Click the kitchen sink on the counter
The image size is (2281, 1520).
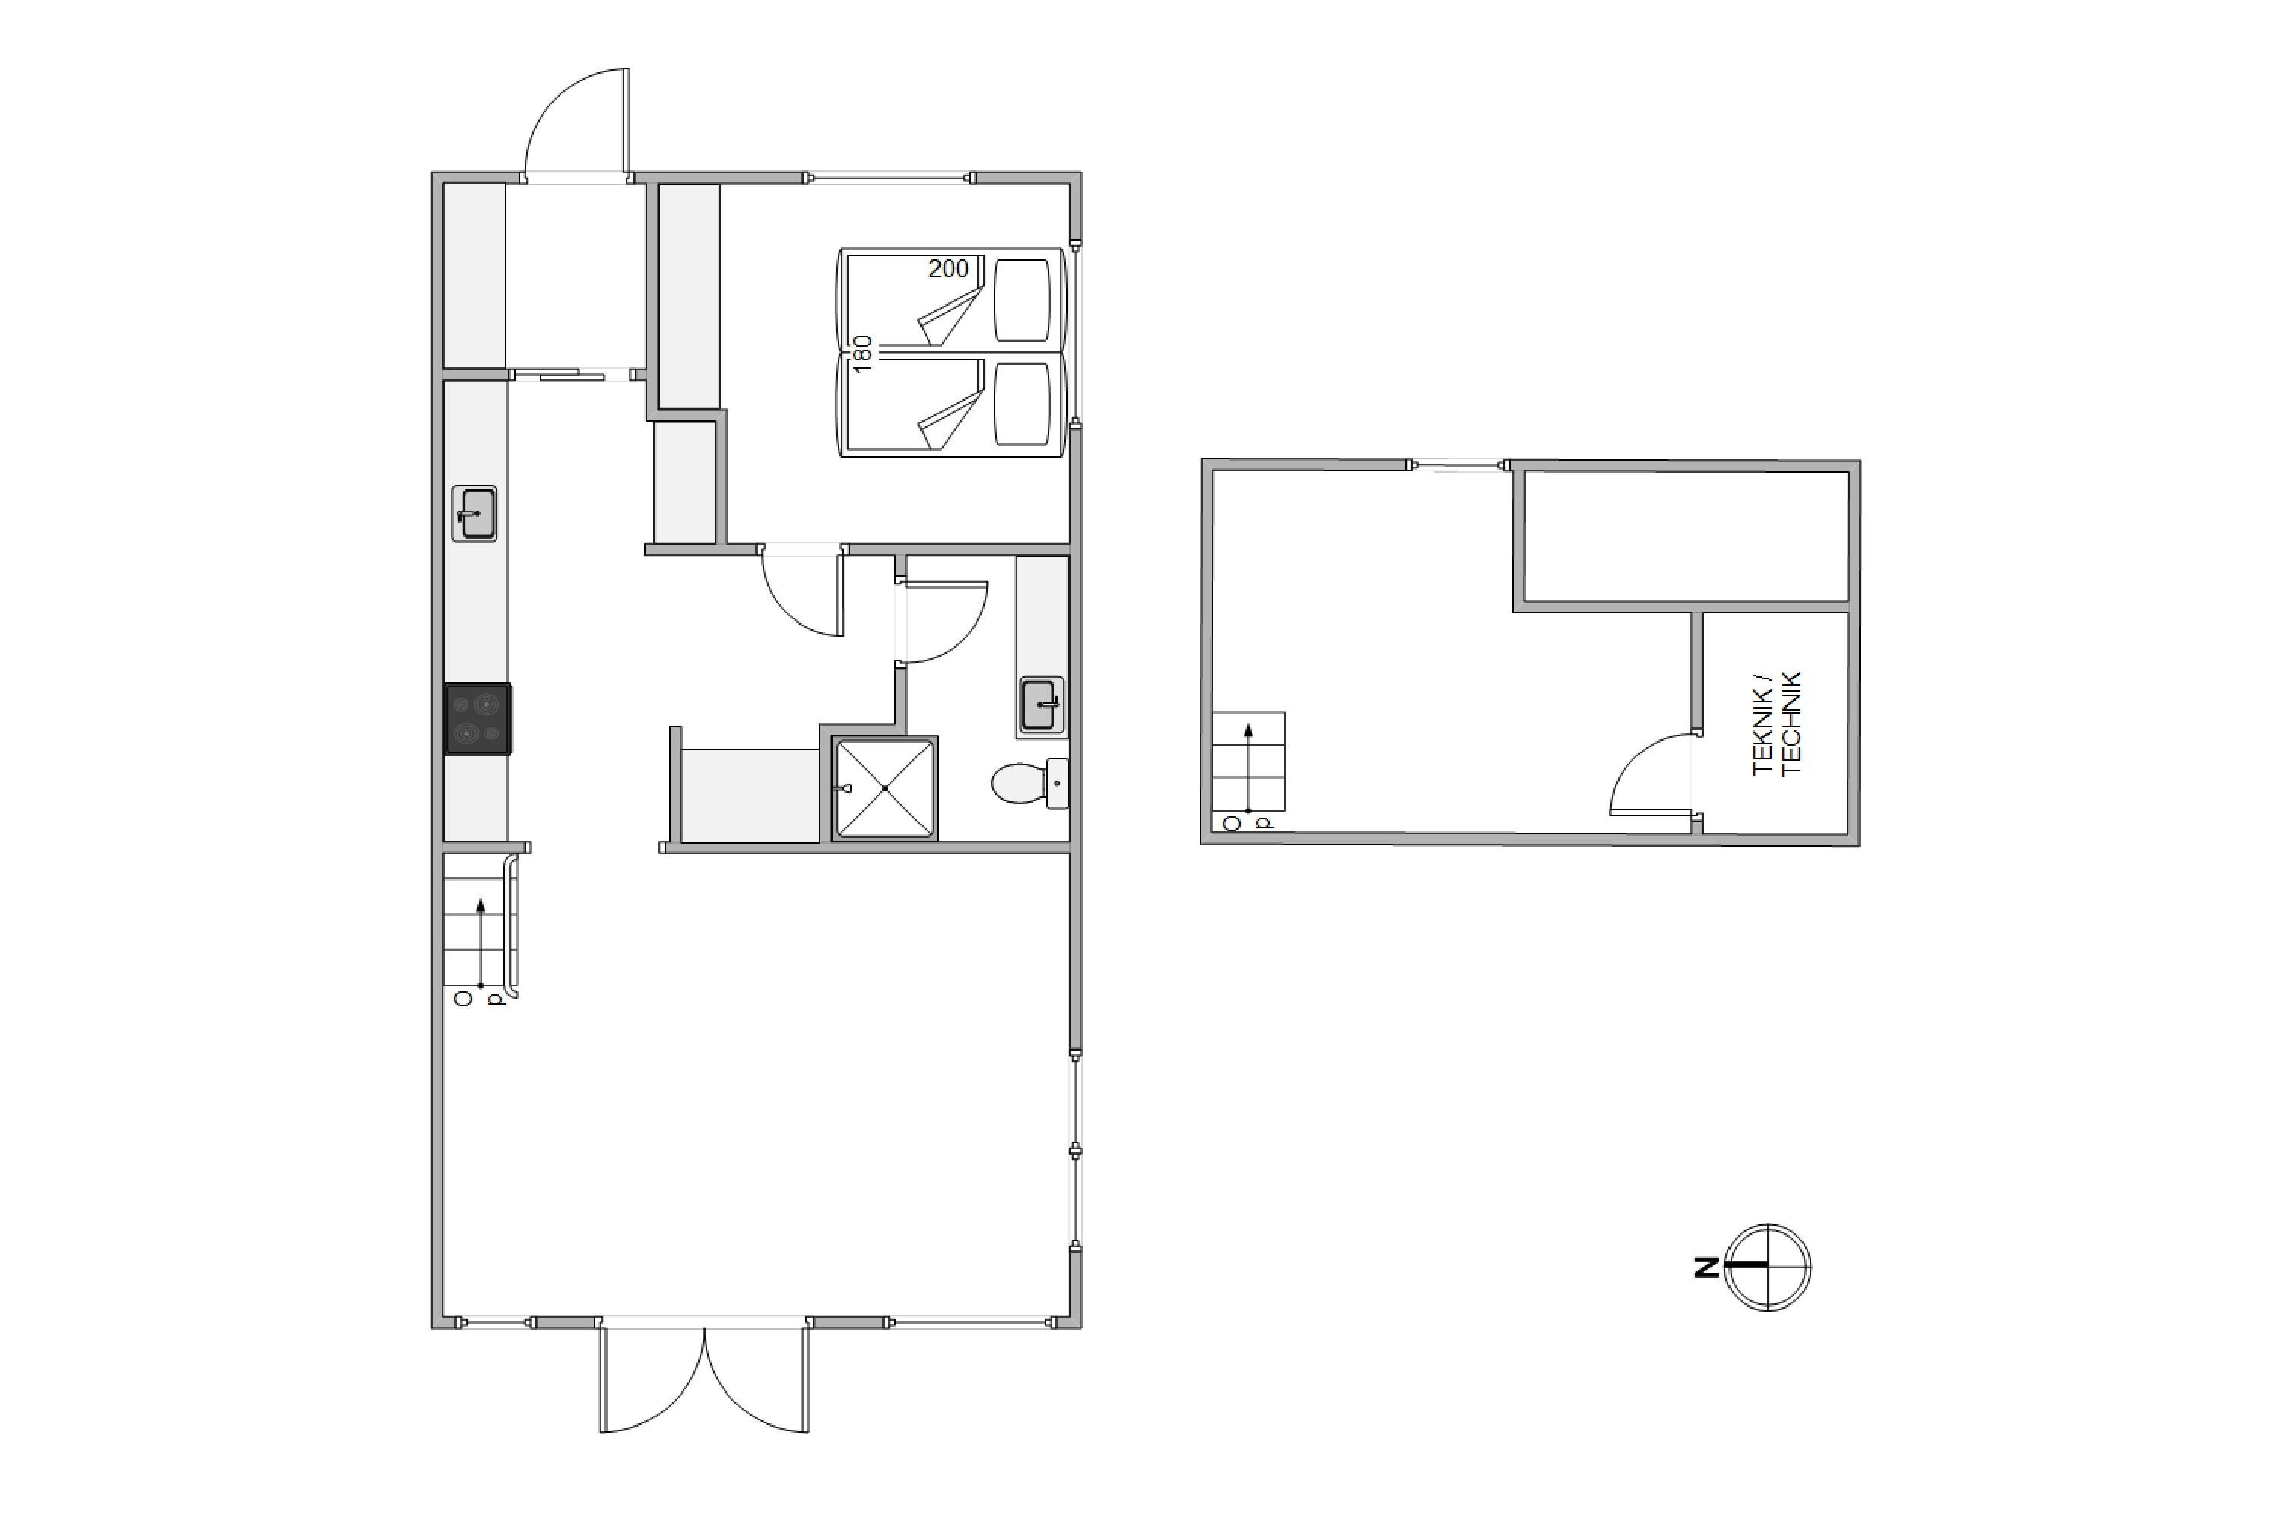point(474,514)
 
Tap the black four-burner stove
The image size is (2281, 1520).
point(478,719)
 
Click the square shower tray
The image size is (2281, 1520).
point(884,788)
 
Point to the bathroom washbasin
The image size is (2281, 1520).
point(1042,706)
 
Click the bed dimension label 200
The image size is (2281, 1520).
point(947,270)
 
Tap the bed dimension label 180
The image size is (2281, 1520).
point(862,354)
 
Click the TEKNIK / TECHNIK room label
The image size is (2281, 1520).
point(1777,724)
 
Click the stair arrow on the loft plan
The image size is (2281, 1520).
point(1248,767)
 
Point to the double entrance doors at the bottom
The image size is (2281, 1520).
point(704,1376)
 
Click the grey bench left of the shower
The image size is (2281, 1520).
point(750,795)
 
